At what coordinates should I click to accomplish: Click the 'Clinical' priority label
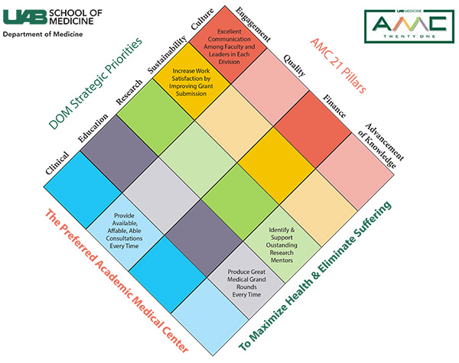coord(57,164)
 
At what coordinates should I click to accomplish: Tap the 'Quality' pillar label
coord(294,65)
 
